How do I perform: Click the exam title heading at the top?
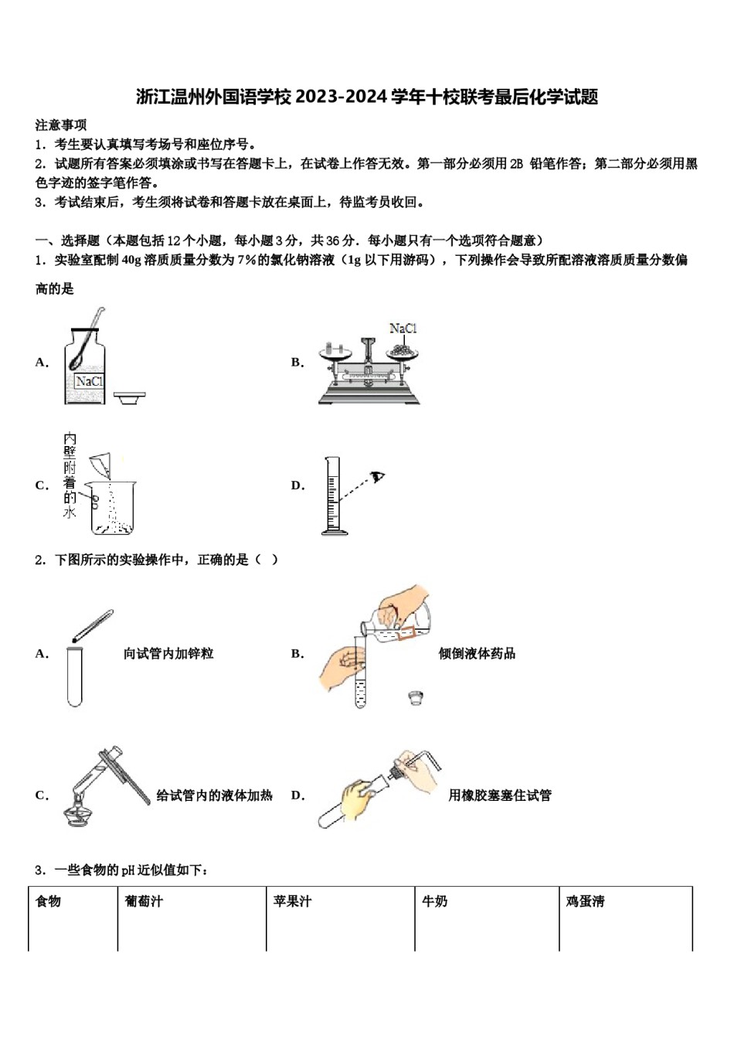367,97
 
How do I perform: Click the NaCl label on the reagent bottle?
89,381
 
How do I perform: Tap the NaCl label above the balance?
403,329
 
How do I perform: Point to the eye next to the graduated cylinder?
377,477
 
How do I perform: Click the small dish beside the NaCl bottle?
129,397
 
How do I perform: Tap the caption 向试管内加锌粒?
168,654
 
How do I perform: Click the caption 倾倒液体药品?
477,654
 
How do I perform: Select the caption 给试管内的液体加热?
214,795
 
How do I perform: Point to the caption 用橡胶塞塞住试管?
500,795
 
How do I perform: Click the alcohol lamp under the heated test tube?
80,812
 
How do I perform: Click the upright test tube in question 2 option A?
74,676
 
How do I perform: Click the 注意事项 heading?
61,125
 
